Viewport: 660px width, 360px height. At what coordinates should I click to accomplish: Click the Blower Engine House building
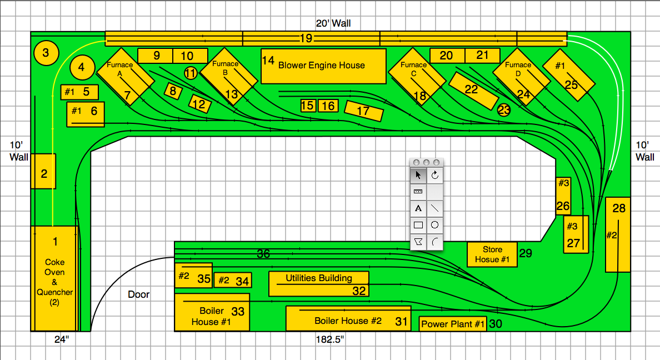(x=323, y=66)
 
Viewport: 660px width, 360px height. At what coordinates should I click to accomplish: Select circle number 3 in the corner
(x=46, y=53)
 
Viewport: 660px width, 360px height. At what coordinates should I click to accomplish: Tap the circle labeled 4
(x=82, y=68)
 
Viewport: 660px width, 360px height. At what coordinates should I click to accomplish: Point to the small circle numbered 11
(x=191, y=73)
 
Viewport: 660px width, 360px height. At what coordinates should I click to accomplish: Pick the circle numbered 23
(x=504, y=110)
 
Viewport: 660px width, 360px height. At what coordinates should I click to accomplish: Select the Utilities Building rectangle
(x=318, y=283)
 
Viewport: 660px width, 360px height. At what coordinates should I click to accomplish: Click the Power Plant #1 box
(x=453, y=324)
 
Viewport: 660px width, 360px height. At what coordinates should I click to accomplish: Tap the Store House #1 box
(x=492, y=254)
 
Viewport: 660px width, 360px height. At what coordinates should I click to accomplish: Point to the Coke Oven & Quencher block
(x=54, y=278)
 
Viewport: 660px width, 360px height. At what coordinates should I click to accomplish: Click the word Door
(x=138, y=294)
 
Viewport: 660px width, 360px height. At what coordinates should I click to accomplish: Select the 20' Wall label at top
(x=333, y=23)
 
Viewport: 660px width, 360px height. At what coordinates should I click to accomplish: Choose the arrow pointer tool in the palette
(x=418, y=176)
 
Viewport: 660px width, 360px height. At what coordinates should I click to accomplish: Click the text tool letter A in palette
(x=418, y=209)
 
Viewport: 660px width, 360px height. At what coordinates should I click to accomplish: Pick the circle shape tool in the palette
(x=435, y=226)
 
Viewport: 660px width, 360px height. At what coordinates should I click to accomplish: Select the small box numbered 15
(x=308, y=106)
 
